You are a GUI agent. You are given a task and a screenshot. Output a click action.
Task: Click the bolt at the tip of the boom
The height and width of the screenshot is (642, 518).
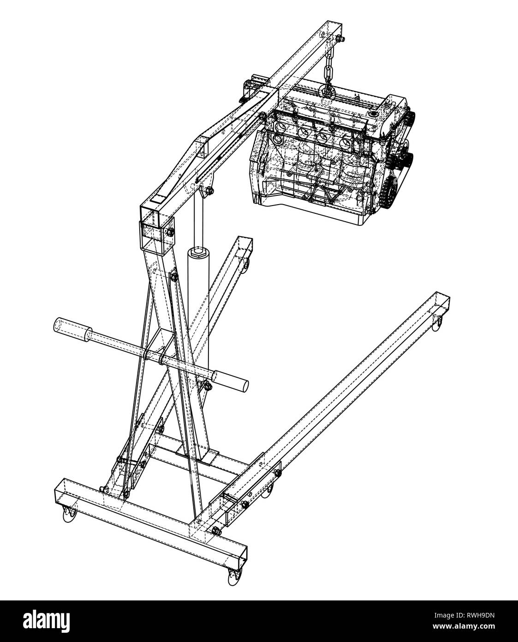click(x=339, y=38)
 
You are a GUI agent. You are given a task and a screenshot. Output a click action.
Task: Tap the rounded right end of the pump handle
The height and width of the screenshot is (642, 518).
click(x=242, y=384)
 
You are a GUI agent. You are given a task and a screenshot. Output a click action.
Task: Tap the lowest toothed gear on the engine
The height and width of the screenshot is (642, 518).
click(x=388, y=189)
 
